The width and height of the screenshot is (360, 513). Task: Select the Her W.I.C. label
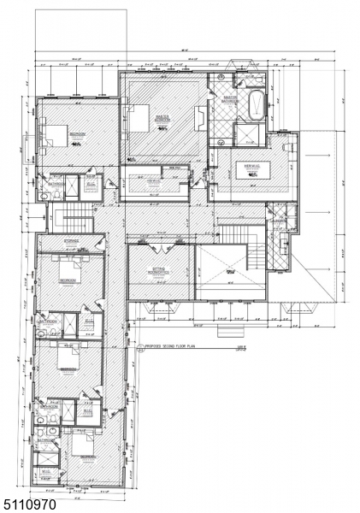pos(249,165)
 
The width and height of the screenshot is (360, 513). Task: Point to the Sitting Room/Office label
pos(159,272)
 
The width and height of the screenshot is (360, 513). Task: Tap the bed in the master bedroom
pos(139,115)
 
